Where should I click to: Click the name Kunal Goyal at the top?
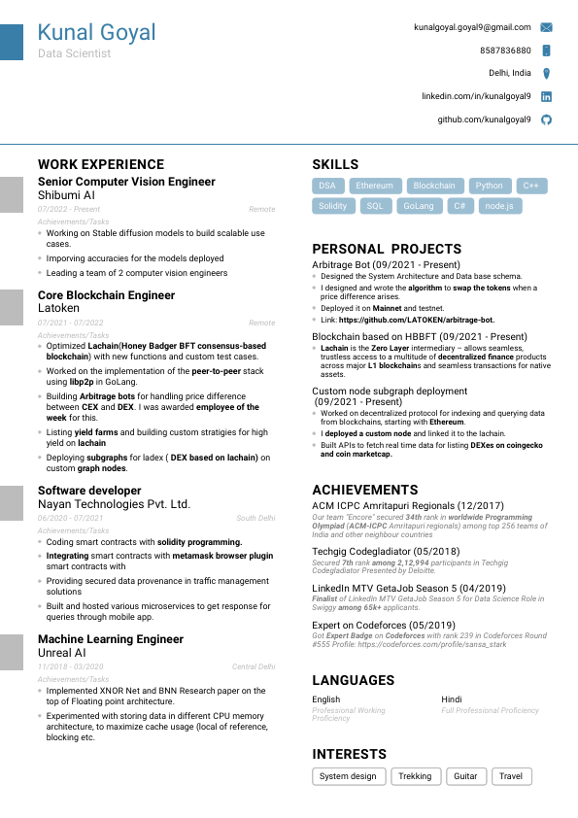(96, 33)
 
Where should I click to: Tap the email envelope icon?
(546, 27)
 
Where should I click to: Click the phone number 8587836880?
(505, 51)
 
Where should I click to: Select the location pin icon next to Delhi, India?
(546, 73)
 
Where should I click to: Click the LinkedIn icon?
(546, 96)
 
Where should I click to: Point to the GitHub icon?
(546, 119)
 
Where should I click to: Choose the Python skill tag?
(490, 186)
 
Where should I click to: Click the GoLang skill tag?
(419, 206)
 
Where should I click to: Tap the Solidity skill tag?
(333, 206)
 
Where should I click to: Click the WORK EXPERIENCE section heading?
(101, 164)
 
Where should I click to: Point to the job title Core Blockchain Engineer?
(106, 295)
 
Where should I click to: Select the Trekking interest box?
(415, 776)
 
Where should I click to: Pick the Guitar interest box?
(465, 776)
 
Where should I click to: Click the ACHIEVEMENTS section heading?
(365, 491)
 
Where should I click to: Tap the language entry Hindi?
(452, 699)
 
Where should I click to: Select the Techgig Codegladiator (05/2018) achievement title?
(386, 551)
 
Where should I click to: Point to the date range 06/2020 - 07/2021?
(71, 518)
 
